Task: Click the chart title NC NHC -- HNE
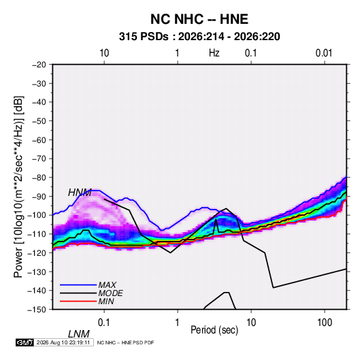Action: tap(199, 19)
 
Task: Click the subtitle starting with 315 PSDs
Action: tap(199, 37)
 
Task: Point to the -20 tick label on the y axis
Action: tap(39, 65)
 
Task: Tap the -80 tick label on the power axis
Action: tap(39, 178)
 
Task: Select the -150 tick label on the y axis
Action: tap(37, 310)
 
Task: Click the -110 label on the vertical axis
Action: tap(37, 234)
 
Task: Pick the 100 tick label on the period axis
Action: tap(325, 323)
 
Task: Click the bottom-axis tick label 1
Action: tap(178, 323)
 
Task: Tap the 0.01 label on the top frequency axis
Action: tap(324, 53)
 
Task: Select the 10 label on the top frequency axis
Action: tap(104, 53)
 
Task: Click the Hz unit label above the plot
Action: tap(214, 53)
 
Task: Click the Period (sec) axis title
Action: tap(214, 330)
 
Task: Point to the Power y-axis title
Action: tap(18, 187)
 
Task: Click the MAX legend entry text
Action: tap(107, 285)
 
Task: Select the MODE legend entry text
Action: tap(110, 293)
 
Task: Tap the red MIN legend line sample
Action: tap(78, 301)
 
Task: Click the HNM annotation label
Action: tap(80, 193)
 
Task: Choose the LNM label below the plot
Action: tap(78, 334)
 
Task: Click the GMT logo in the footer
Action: tap(24, 342)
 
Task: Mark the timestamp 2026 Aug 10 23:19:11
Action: tap(63, 342)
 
